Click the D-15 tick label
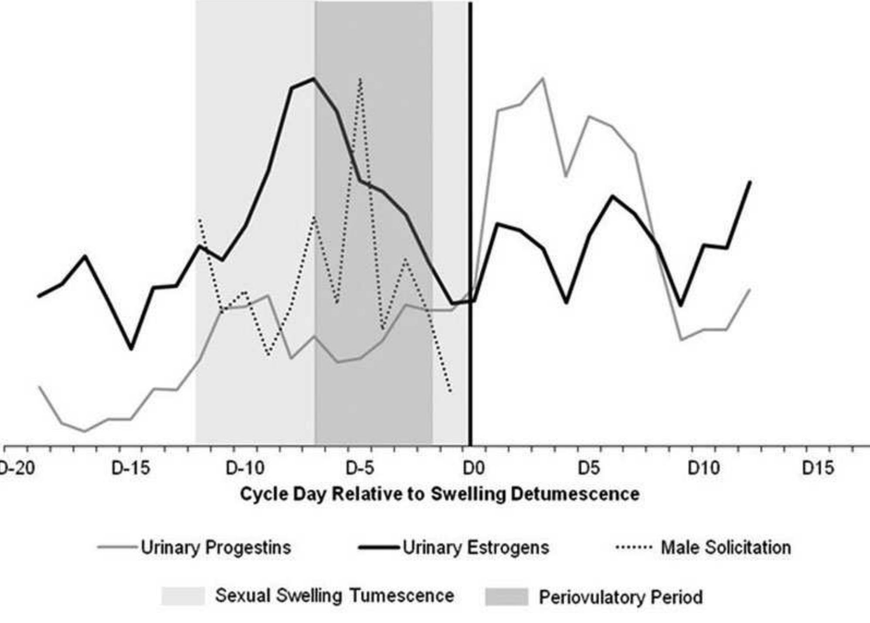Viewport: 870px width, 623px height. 130,468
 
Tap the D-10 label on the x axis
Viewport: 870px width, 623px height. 245,468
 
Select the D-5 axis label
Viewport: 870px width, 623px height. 360,468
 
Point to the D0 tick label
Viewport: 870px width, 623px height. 473,468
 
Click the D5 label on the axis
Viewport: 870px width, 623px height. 589,468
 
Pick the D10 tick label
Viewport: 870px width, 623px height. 703,468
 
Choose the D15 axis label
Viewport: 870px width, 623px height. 818,468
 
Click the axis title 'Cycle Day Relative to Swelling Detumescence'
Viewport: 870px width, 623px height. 439,494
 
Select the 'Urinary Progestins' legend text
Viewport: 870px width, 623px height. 216,548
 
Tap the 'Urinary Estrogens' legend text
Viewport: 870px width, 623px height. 476,548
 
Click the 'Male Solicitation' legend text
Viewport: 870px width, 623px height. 726,548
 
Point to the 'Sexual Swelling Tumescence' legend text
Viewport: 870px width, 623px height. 334,596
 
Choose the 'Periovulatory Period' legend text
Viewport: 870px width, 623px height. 621,597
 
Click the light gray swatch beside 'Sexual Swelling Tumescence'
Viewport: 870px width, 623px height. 183,596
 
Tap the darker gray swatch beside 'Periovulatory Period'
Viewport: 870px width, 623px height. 506,597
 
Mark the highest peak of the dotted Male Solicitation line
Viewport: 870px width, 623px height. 360,79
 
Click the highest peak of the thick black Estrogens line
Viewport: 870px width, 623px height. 314,79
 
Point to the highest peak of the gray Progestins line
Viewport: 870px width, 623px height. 543,78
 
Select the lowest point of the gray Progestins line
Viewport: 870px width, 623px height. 85,431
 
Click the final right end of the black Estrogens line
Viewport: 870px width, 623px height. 750,182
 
